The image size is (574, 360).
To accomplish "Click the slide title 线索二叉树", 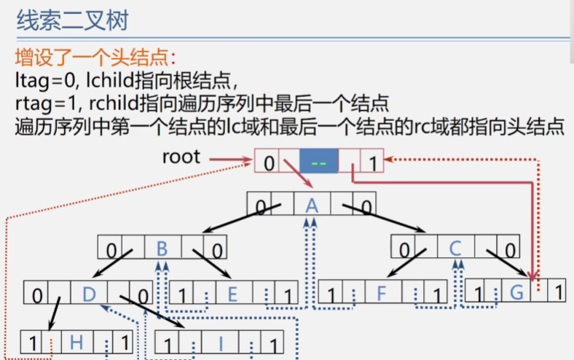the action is (72, 20).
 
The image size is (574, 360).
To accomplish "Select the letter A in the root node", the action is (312, 206).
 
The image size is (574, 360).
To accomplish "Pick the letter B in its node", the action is (162, 249).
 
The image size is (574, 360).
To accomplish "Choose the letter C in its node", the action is (455, 249).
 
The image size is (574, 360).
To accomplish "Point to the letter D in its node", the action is (89, 294).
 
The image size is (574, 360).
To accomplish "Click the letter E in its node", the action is (233, 294).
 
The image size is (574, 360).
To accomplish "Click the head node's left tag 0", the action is (268, 163).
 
